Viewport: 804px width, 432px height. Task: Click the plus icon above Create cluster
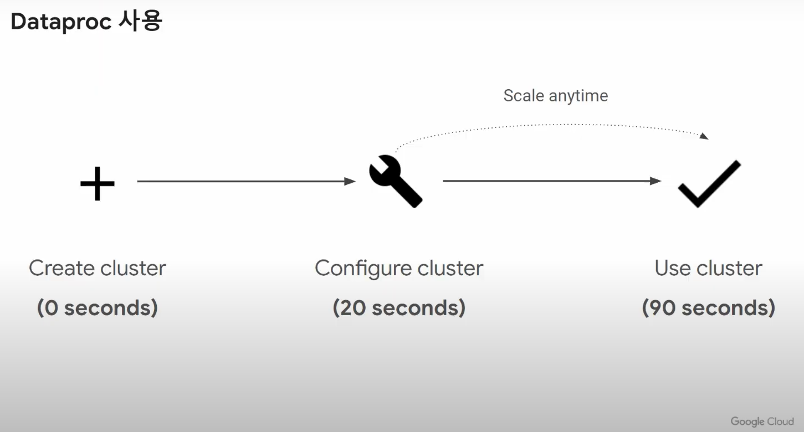[98, 183]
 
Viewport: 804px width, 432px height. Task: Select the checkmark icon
[709, 184]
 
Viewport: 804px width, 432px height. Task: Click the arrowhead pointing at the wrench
[350, 181]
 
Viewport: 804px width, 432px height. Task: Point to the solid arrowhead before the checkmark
[656, 181]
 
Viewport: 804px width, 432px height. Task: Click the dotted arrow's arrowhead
[704, 136]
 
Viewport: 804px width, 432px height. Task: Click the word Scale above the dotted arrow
[524, 96]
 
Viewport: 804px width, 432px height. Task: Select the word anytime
[578, 96]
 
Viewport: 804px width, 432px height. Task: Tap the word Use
[673, 268]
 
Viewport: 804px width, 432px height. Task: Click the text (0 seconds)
[98, 307]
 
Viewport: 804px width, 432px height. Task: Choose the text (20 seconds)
[399, 307]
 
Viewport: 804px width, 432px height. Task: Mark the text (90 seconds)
[709, 307]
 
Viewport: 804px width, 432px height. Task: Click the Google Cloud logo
[762, 421]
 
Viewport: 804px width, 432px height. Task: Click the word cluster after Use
[729, 268]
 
